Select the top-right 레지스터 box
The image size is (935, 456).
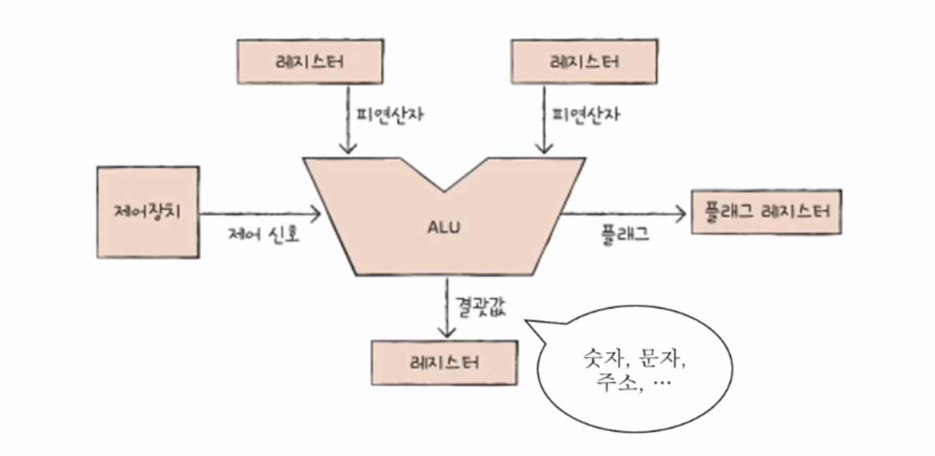[x=584, y=61]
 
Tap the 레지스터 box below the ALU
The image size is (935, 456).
[x=444, y=362]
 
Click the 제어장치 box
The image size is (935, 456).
[x=147, y=212]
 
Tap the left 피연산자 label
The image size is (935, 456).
[x=390, y=115]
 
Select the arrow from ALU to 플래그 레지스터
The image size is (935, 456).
[x=622, y=213]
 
